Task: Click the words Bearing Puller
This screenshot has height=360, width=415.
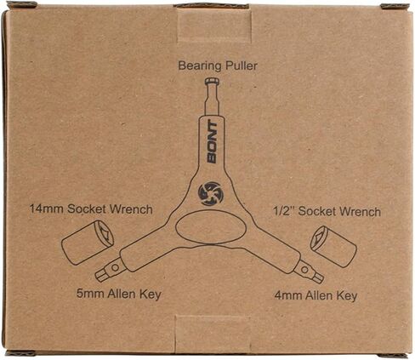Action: pos(218,66)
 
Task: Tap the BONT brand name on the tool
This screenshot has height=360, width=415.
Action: pos(213,142)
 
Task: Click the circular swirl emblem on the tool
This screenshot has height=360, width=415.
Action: pos(211,194)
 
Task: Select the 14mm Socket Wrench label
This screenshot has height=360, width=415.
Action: pos(91,209)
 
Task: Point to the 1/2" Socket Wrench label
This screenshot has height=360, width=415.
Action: pos(327,212)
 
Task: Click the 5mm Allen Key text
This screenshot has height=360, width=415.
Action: pos(119,294)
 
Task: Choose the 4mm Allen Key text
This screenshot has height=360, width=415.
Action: pos(316,296)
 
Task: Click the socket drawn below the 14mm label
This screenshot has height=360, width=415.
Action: pos(88,242)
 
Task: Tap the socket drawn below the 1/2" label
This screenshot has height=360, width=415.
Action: pos(333,246)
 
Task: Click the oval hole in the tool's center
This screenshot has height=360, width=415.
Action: pos(211,227)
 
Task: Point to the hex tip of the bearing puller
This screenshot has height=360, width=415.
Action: pos(213,82)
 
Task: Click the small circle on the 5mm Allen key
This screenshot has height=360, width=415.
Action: pos(115,267)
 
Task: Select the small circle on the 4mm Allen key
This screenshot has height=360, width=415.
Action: pos(304,269)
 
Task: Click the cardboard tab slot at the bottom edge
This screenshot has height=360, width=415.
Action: pos(213,334)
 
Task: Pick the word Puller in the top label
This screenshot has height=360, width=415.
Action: pos(242,66)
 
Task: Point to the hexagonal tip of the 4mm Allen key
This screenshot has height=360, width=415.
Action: pos(317,277)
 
